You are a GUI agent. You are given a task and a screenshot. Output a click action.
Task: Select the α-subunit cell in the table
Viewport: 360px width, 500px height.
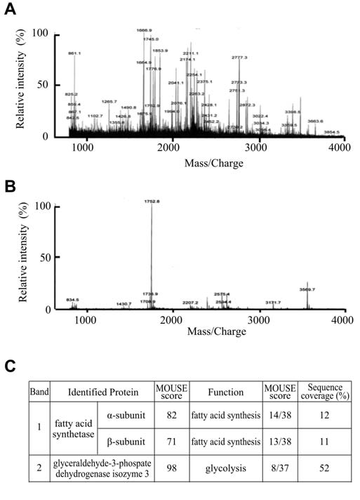tap(126, 416)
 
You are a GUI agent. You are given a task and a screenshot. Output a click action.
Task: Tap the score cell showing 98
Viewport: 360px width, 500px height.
tap(171, 468)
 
